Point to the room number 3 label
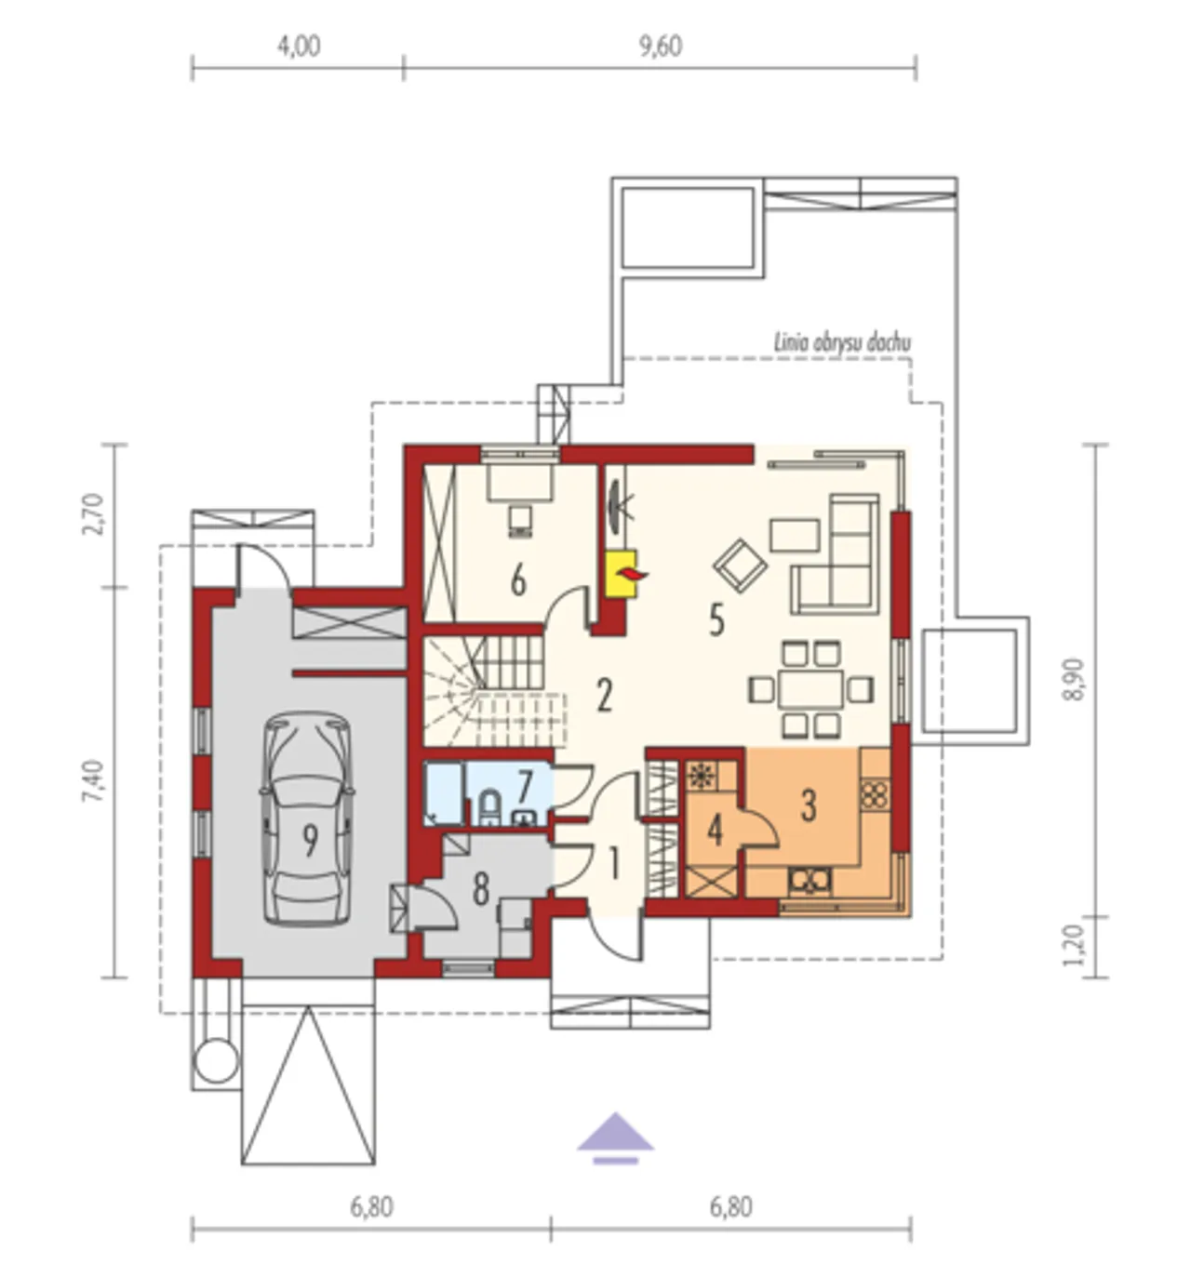point(809,805)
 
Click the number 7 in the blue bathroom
point(525,785)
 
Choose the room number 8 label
point(481,891)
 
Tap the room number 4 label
point(715,831)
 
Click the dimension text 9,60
point(660,47)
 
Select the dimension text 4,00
point(299,47)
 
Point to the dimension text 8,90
point(1075,680)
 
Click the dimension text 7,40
point(93,780)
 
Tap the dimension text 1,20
point(1075,945)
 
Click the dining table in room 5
point(810,689)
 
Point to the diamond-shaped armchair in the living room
point(740,565)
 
